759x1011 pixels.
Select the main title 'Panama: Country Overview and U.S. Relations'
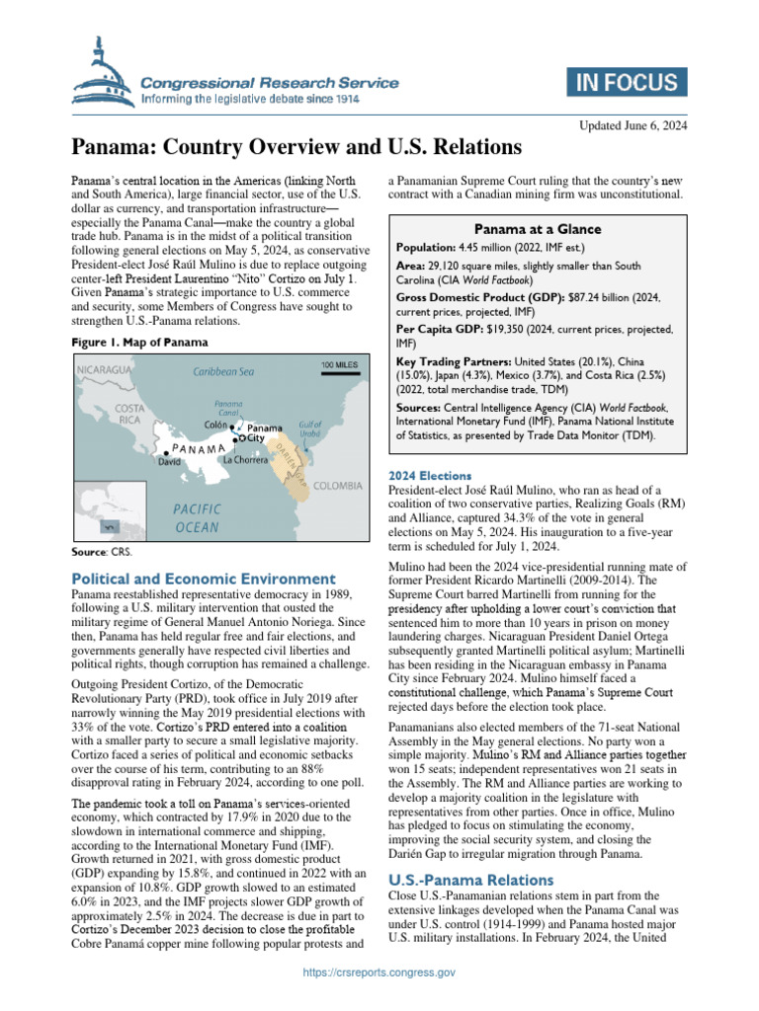[295, 148]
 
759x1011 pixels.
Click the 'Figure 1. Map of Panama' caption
[138, 343]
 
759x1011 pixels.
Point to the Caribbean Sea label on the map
[223, 372]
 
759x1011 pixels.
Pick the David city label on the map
[169, 460]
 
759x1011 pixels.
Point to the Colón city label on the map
[215, 425]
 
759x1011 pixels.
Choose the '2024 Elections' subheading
[430, 476]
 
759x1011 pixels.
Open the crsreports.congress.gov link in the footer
[379, 1000]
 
